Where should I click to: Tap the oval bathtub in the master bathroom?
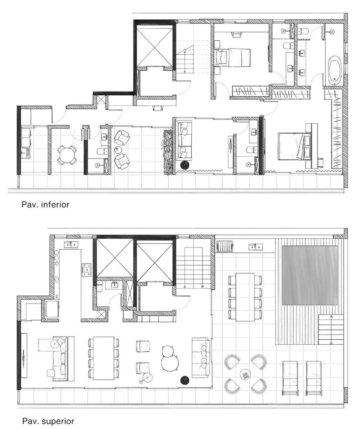point(334,69)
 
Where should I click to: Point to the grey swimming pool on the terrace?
point(310,275)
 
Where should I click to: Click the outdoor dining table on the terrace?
point(245,297)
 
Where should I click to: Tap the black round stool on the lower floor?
point(185,165)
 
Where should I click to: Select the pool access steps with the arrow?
point(330,329)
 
